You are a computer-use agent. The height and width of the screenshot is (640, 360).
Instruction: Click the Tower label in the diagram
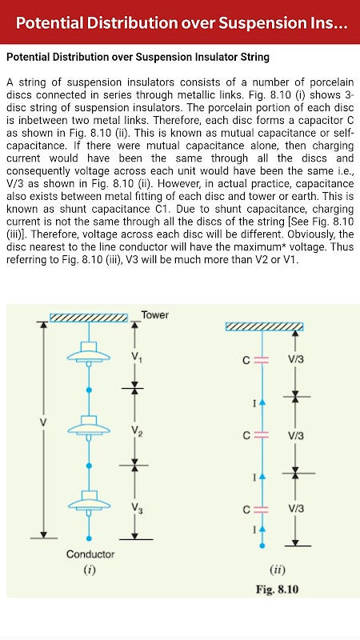click(x=154, y=315)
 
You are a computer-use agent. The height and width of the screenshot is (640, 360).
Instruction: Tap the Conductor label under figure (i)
click(x=90, y=554)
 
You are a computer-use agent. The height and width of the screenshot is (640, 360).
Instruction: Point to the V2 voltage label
click(x=136, y=431)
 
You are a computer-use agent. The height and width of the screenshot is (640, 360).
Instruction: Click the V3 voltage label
click(x=136, y=508)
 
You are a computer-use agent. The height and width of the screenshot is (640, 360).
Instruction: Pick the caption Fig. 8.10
click(x=277, y=590)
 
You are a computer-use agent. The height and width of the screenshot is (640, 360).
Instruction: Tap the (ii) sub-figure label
click(x=278, y=570)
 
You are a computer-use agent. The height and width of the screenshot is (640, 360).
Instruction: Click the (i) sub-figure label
click(x=90, y=570)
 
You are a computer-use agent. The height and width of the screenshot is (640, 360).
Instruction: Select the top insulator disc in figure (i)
click(x=89, y=353)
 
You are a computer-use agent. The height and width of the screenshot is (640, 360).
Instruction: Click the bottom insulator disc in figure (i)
click(x=89, y=502)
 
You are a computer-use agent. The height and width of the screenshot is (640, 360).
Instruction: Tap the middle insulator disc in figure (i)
click(x=89, y=427)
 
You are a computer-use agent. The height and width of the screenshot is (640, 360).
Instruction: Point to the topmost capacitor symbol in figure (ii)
click(x=262, y=359)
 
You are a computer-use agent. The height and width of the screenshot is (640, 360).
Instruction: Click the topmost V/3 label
click(x=295, y=359)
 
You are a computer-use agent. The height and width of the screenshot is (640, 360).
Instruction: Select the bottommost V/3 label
click(x=295, y=509)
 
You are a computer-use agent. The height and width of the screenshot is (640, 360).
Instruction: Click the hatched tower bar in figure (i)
click(x=89, y=317)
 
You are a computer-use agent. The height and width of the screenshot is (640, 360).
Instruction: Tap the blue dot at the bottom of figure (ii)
click(x=262, y=546)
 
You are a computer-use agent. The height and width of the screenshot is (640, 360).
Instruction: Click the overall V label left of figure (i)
click(x=43, y=422)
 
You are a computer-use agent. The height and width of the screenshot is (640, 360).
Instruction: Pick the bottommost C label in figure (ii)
click(x=246, y=510)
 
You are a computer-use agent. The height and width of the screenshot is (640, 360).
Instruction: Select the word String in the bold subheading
click(x=256, y=57)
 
